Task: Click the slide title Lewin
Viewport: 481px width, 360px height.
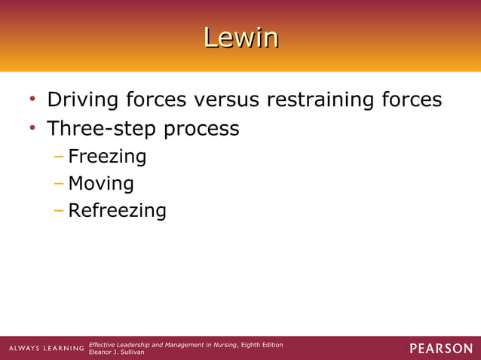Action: coord(240,38)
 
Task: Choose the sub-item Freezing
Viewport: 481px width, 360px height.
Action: coord(106,157)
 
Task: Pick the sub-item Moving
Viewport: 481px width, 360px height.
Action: coord(101,184)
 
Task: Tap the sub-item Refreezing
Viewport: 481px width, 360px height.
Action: coord(117,210)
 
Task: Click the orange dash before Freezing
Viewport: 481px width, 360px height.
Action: coord(60,157)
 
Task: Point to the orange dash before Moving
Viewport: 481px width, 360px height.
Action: coord(60,183)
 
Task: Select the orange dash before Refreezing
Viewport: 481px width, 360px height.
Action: coord(60,209)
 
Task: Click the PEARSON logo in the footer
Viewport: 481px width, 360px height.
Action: coord(441,348)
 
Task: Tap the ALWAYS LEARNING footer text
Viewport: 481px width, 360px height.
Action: coord(46,348)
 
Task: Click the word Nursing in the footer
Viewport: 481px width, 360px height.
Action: coord(225,344)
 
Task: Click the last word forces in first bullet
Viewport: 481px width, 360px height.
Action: coord(412,100)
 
